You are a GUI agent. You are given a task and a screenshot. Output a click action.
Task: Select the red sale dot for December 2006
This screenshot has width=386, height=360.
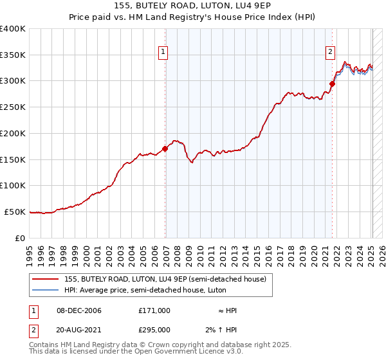(165, 148)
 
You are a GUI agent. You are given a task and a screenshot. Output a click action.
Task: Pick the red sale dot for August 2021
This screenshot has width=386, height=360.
(333, 84)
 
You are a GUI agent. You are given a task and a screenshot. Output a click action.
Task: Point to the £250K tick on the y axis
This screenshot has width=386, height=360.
(13, 107)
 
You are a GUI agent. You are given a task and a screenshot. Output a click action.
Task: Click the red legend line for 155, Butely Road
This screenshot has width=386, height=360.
(46, 279)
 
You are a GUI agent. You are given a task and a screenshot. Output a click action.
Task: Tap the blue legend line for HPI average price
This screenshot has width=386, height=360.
(46, 290)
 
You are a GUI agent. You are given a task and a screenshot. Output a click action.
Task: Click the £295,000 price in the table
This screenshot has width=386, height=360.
(154, 329)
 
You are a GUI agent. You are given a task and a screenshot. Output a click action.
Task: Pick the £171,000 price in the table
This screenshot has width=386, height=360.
(154, 310)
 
